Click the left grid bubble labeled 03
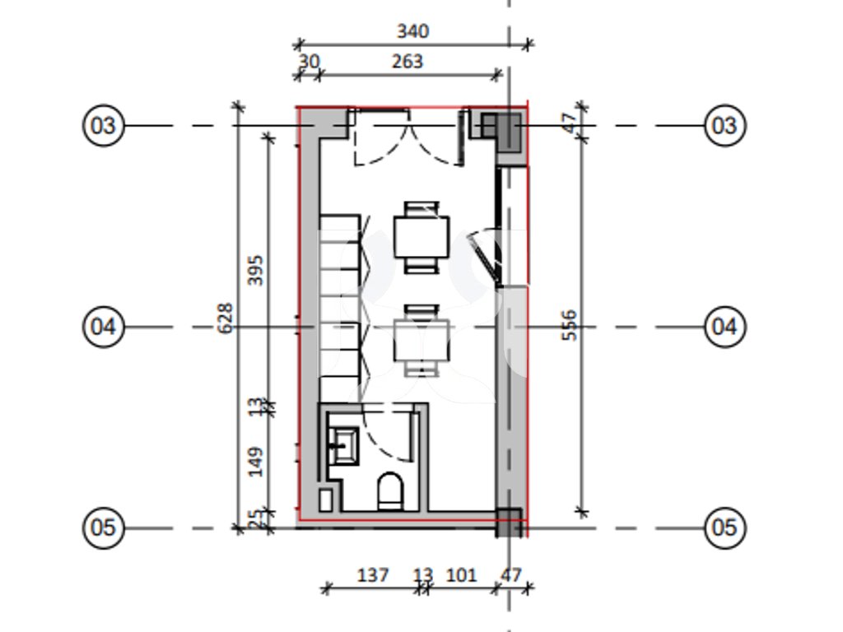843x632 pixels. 103,126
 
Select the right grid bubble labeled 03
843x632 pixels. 724,126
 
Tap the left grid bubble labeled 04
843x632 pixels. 103,327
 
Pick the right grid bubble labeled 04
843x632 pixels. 724,327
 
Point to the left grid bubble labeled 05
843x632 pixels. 103,527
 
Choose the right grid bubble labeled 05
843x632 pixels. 724,527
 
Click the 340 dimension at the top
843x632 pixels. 413,31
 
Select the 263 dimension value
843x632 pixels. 408,61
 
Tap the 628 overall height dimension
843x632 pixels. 226,318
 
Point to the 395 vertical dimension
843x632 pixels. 255,270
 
